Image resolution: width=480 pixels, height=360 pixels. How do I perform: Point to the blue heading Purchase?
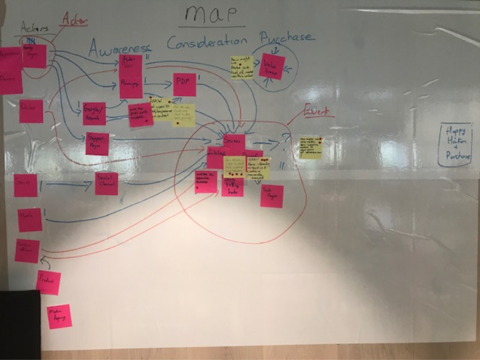pos(287,38)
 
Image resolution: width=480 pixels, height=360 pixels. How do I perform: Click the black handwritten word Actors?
pos(34,26)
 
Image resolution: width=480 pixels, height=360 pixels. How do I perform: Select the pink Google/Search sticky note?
pos(94,113)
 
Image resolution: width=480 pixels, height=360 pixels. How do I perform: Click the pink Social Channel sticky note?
pos(106,184)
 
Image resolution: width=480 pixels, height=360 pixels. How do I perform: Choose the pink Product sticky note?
pos(48,282)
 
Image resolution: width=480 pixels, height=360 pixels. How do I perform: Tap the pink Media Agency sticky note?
pos(59,316)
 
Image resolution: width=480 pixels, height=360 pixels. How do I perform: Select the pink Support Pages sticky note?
pos(97,144)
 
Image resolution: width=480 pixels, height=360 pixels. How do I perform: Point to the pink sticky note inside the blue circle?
pos(273,66)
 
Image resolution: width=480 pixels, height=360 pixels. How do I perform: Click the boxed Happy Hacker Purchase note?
pos(455,145)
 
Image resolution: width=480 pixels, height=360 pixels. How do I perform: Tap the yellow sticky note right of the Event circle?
pos(310,147)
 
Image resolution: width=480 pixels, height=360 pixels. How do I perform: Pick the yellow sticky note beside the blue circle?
pos(242,67)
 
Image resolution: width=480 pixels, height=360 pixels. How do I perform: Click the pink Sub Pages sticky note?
pos(271,196)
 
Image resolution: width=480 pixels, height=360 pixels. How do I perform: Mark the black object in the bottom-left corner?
pos(20,325)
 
